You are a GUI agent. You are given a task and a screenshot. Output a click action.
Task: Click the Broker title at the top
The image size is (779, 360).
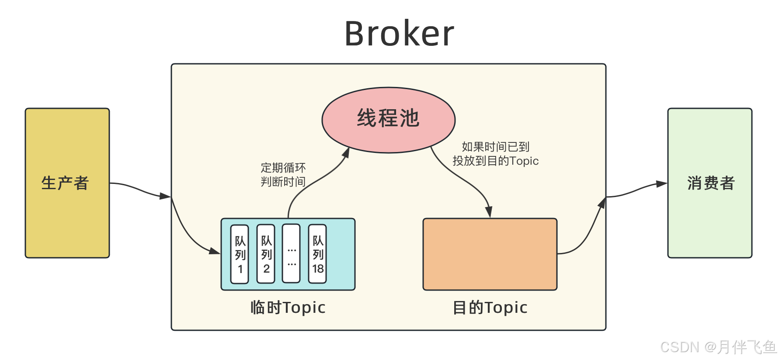pyautogui.click(x=399, y=34)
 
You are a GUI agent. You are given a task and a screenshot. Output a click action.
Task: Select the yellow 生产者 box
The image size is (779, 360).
pyautogui.click(x=67, y=183)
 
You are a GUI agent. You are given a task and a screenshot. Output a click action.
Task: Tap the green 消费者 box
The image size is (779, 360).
pyautogui.click(x=709, y=183)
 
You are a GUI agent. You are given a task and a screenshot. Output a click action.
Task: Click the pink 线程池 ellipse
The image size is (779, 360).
pyautogui.click(x=388, y=119)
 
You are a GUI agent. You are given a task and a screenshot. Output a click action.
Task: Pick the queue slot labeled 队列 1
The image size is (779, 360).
pyautogui.click(x=240, y=254)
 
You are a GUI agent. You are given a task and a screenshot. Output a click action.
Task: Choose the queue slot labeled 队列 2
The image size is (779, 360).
pyautogui.click(x=266, y=254)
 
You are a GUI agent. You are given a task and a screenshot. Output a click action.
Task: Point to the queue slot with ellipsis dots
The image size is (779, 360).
pyautogui.click(x=292, y=254)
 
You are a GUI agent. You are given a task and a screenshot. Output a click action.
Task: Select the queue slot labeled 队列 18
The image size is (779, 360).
pyautogui.click(x=318, y=254)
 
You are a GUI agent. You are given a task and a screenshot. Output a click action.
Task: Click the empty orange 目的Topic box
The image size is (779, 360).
pyautogui.click(x=490, y=254)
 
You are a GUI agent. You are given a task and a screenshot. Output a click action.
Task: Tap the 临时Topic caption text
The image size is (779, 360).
pyautogui.click(x=288, y=308)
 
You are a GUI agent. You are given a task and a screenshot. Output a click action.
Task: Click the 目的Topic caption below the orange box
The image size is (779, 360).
pyautogui.click(x=490, y=308)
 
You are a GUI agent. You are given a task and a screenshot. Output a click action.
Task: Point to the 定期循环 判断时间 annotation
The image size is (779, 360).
pyautogui.click(x=283, y=175)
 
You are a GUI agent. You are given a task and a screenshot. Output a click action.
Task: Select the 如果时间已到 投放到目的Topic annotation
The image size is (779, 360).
pyautogui.click(x=495, y=154)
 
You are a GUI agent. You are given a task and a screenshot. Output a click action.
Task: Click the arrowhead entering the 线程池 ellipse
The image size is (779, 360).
pyautogui.click(x=346, y=152)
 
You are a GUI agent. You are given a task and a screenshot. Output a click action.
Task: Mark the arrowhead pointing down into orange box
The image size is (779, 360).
pyautogui.click(x=489, y=211)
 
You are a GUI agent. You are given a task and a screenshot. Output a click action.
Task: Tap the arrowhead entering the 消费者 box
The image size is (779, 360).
pyautogui.click(x=661, y=184)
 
